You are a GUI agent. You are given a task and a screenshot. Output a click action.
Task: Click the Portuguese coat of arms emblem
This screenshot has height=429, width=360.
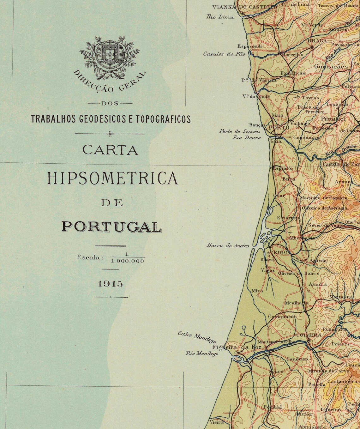pyautogui.click(x=110, y=53)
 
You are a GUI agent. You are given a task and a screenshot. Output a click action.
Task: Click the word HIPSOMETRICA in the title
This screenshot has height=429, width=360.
pyautogui.click(x=112, y=178)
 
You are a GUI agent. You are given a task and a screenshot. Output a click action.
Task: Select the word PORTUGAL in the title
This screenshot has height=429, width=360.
pyautogui.click(x=111, y=227)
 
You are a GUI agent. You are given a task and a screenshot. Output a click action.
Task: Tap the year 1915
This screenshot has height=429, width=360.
pyautogui.click(x=111, y=284)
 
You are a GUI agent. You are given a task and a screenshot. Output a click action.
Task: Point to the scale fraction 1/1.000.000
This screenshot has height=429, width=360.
pyautogui.click(x=127, y=258)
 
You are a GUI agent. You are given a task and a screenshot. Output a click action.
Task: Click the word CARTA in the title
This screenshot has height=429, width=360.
pyautogui.click(x=110, y=150)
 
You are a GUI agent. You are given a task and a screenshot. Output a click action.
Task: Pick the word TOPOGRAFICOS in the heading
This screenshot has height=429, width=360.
pyautogui.click(x=163, y=119)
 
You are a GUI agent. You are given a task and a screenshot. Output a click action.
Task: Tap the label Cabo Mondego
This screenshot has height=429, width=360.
pyautogui.click(x=197, y=337)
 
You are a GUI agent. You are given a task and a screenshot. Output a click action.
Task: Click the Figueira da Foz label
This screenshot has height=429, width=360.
pyautogui.click(x=237, y=347)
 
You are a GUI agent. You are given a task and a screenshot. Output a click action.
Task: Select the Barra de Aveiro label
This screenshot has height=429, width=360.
pyautogui.click(x=228, y=245)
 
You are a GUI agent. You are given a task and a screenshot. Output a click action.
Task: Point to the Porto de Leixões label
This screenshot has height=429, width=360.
pyautogui.click(x=240, y=131)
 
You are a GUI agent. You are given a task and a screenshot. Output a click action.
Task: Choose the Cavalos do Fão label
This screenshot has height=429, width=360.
pyautogui.click(x=224, y=54)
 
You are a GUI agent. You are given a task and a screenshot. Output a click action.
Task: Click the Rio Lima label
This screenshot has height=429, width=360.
pyautogui.click(x=220, y=17)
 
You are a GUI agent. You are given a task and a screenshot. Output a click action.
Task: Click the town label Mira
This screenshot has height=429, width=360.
pyautogui.click(x=257, y=291)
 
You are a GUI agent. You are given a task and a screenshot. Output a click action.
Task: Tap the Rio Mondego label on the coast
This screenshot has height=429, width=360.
pyautogui.click(x=202, y=354)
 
